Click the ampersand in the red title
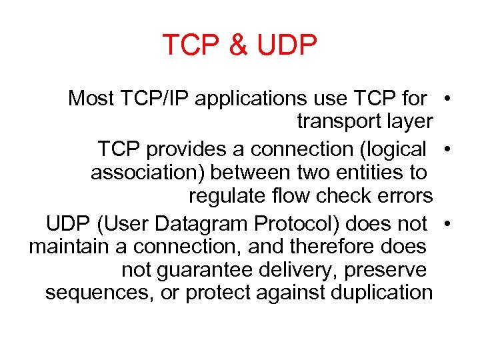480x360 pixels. [237, 45]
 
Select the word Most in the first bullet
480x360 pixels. [92, 99]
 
